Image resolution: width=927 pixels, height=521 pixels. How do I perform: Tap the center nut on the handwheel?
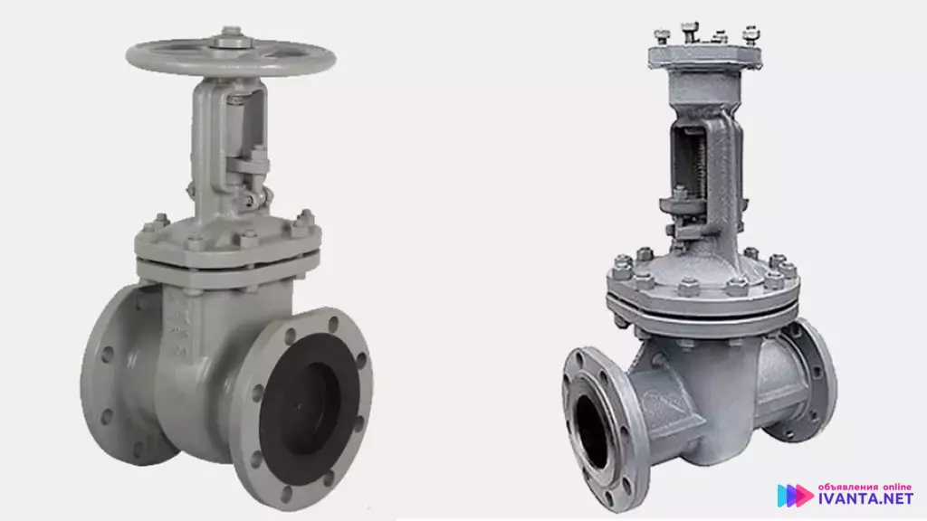click(x=231, y=40)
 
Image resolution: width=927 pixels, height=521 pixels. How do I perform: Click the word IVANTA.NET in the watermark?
click(x=865, y=498)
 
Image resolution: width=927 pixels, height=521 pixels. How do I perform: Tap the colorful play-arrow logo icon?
click(x=794, y=495)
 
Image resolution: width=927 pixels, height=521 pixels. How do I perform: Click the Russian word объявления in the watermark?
click(x=847, y=487)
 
